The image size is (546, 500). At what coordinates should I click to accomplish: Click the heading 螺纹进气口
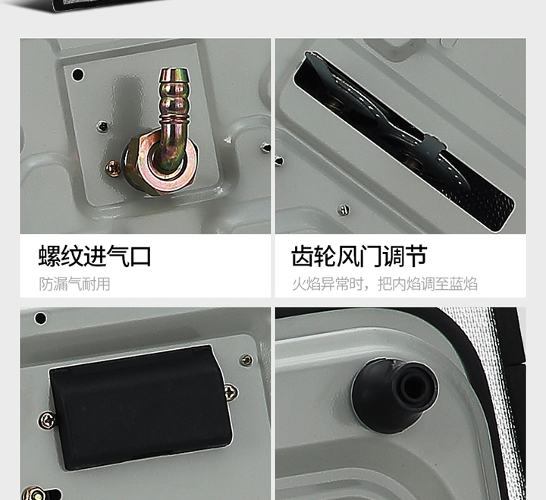pyautogui.click(x=95, y=256)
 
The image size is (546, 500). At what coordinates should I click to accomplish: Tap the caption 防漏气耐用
pyautogui.click(x=74, y=284)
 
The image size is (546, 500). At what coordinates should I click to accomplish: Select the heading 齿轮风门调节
pyautogui.click(x=359, y=256)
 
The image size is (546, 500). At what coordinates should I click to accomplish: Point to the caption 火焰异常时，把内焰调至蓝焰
pyautogui.click(x=384, y=284)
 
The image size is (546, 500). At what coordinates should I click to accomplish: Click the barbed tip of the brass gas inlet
pyautogui.click(x=174, y=75)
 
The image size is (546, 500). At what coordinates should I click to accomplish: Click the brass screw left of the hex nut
pyautogui.click(x=113, y=168)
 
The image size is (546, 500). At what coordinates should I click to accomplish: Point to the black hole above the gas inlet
pyautogui.click(x=77, y=74)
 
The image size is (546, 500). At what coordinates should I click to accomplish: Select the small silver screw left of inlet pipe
pyautogui.click(x=102, y=126)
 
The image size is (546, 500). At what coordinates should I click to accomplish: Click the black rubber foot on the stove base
pyautogui.click(x=395, y=395)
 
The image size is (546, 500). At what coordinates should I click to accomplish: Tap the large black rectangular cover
pyautogui.click(x=141, y=407)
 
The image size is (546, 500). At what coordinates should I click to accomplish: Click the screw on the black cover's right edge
pyautogui.click(x=231, y=392)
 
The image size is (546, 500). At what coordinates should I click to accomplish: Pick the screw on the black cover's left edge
pyautogui.click(x=47, y=420)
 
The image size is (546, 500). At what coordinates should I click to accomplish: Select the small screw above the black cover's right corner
pyautogui.click(x=246, y=360)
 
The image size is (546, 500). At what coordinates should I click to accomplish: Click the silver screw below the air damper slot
pyautogui.click(x=344, y=209)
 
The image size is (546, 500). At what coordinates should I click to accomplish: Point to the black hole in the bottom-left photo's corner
pyautogui.click(x=40, y=318)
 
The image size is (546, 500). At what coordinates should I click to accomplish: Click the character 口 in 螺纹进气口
pyautogui.click(x=140, y=257)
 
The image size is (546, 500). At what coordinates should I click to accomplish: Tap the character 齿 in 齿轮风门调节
pyautogui.click(x=302, y=256)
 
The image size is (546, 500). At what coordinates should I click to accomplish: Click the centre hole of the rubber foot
pyautogui.click(x=415, y=385)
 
